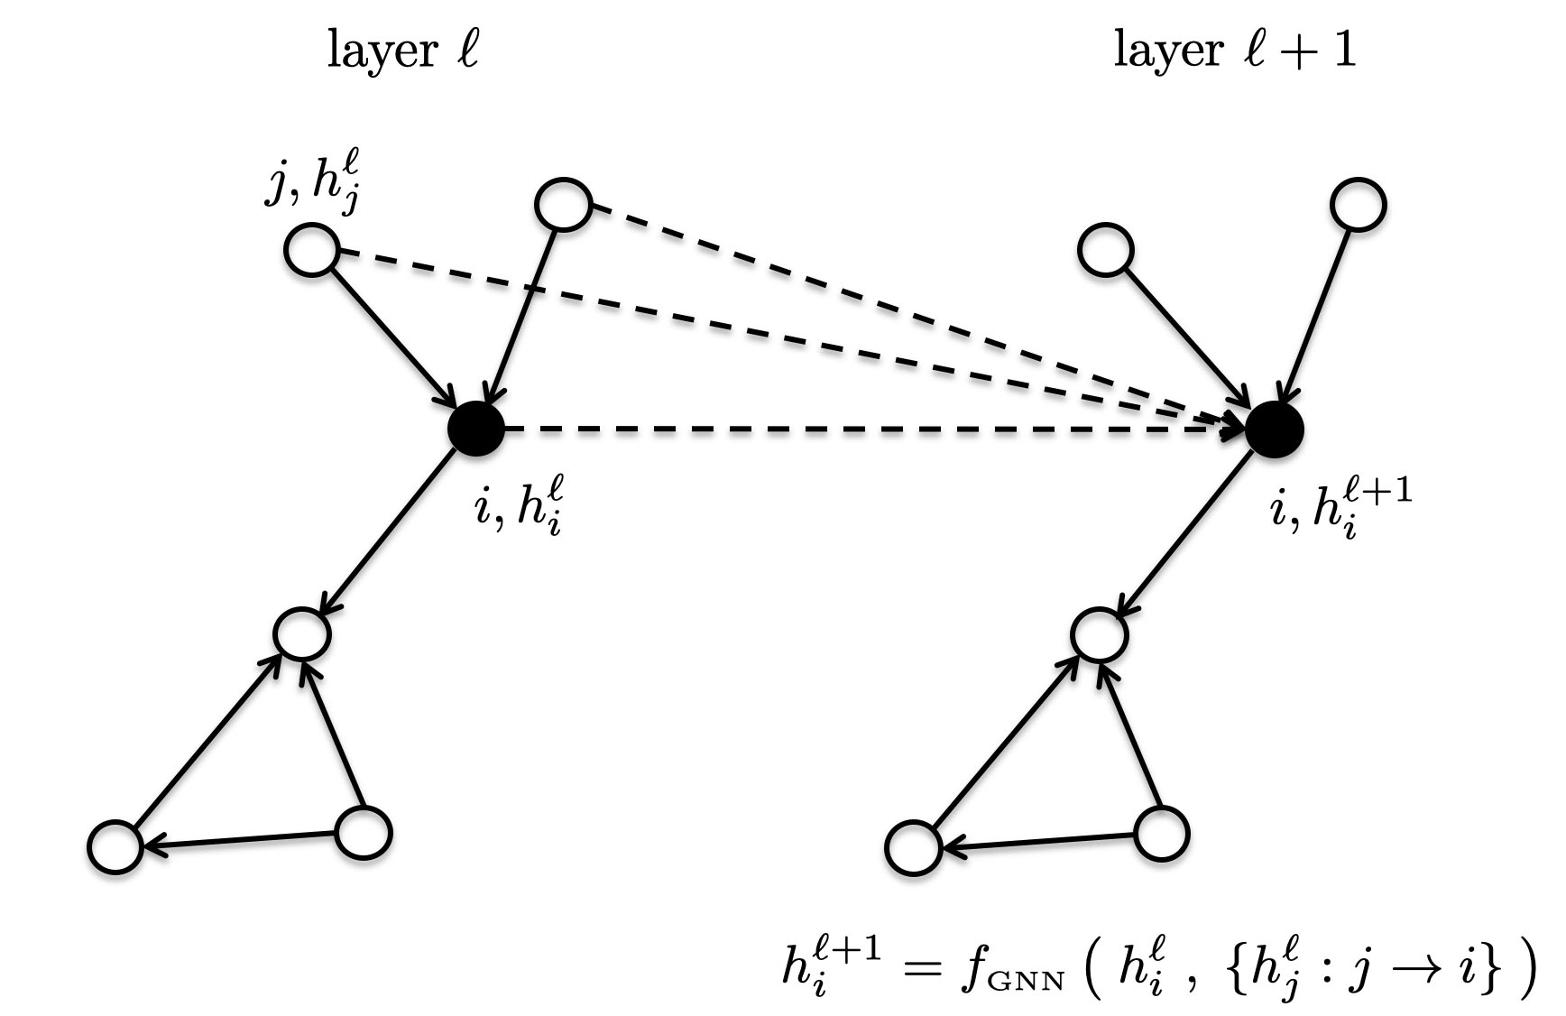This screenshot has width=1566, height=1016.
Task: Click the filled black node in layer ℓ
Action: click(475, 428)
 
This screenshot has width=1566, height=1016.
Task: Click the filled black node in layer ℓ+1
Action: click(1274, 428)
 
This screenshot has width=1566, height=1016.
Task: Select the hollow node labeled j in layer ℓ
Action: click(311, 250)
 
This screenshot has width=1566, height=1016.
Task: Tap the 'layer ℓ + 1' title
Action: click(1234, 51)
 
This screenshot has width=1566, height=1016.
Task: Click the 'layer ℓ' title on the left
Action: click(401, 51)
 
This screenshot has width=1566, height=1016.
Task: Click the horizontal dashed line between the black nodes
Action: click(866, 429)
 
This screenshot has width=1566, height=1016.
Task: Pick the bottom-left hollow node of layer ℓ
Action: click(115, 846)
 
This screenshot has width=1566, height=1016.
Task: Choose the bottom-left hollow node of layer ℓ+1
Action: click(913, 846)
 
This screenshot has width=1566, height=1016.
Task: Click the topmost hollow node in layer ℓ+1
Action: click(1358, 205)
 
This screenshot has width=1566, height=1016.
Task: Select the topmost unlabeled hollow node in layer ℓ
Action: click(563, 205)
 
